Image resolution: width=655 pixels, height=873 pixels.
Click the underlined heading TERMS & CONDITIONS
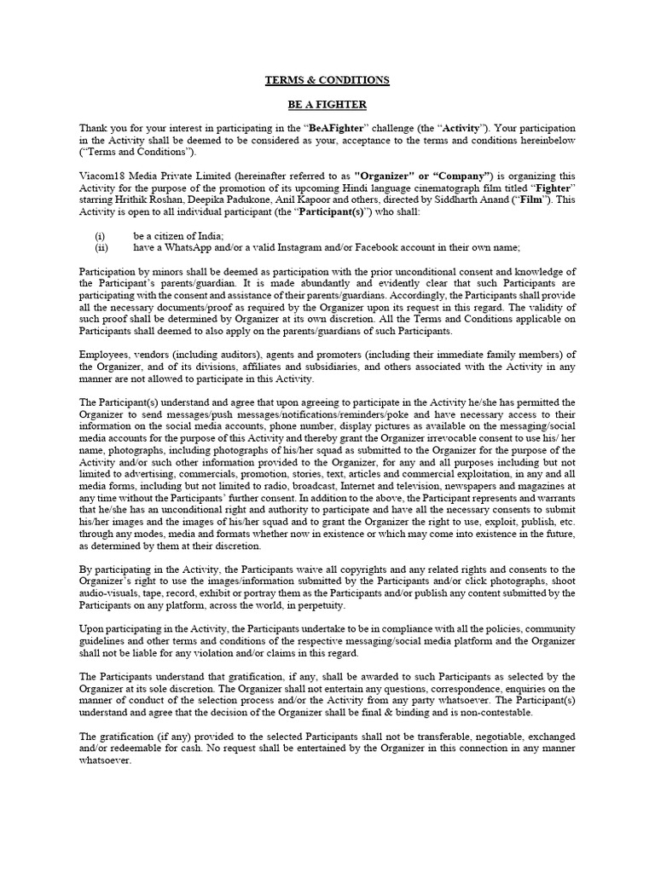327,80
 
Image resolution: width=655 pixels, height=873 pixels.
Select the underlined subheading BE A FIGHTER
327,105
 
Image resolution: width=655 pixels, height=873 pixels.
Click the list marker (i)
100,235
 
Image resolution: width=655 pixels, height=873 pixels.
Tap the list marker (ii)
101,247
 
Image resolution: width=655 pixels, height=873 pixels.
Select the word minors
165,271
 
